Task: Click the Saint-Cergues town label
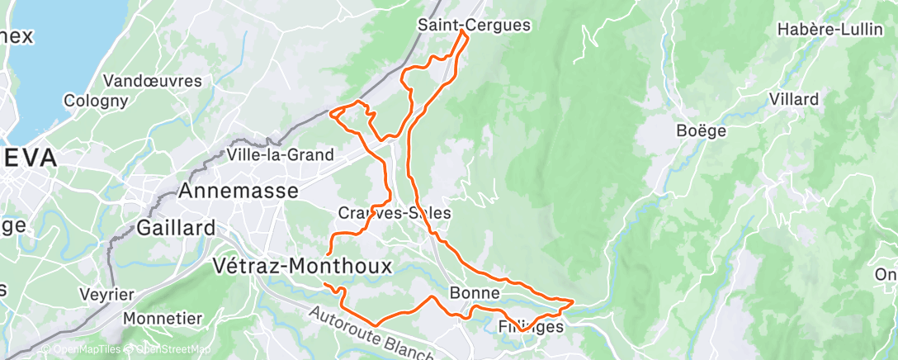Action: pyautogui.click(x=473, y=25)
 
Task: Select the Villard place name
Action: pyautogui.click(x=793, y=100)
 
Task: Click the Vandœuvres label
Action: pyautogui.click(x=153, y=81)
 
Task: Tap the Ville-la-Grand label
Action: pyautogui.click(x=281, y=154)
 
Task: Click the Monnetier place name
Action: pyautogui.click(x=163, y=319)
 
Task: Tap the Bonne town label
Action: pyautogui.click(x=475, y=293)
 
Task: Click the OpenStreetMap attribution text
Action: pyautogui.click(x=169, y=349)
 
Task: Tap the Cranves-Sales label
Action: pyautogui.click(x=395, y=213)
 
